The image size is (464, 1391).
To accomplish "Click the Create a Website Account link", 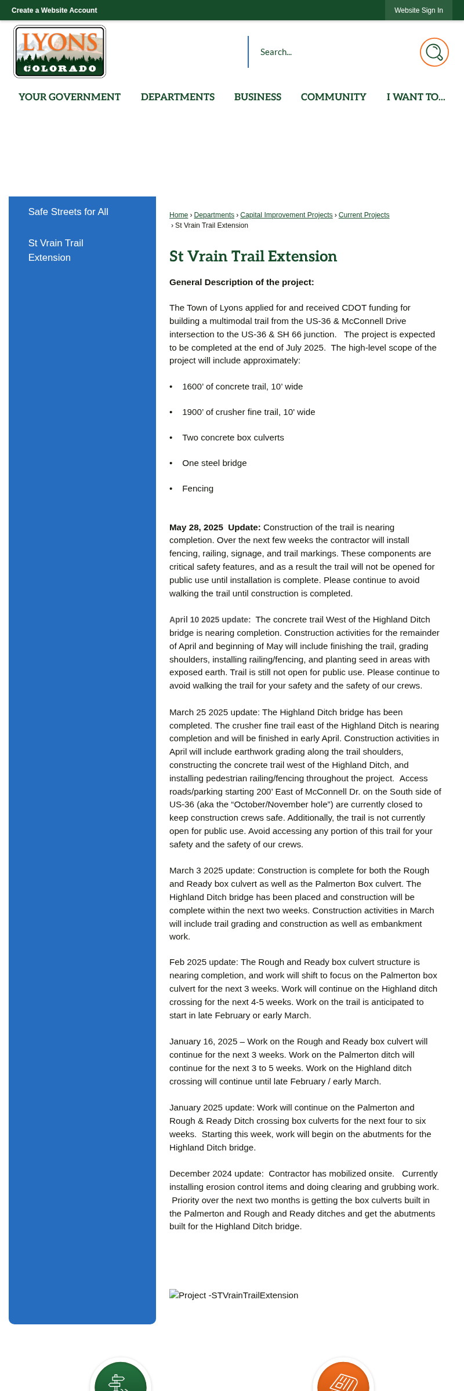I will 54,10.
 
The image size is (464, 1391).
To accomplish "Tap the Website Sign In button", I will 418,10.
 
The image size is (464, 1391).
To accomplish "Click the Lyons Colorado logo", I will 60,52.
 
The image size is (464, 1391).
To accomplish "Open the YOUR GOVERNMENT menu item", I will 70,97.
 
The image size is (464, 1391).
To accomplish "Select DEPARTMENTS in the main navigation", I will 177,97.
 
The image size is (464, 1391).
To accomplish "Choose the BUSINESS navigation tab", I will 258,97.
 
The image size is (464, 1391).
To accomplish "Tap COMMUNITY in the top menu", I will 333,97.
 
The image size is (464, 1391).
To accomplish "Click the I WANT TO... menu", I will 416,97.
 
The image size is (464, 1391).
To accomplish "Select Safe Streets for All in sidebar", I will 68,212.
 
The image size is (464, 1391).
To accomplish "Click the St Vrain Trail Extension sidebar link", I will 56,250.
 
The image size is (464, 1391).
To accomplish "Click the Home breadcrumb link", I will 179,215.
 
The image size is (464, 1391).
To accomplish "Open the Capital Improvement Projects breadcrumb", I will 287,215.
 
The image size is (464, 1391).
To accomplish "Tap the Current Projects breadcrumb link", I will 364,215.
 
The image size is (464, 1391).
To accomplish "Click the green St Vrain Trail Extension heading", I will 253,256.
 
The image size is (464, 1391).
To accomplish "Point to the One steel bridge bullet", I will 214,463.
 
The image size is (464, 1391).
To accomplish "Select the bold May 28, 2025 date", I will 196,527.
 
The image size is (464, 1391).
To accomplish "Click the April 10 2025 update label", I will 210,620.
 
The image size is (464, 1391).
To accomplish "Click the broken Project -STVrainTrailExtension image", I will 234,1295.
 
